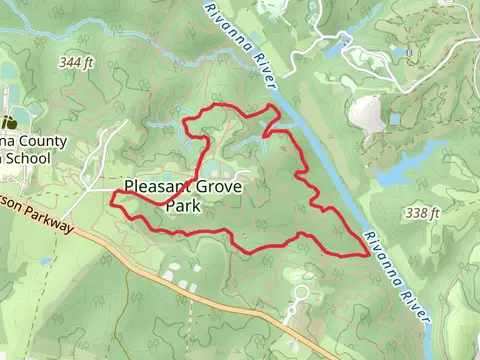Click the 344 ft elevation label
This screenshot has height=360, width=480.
[x=78, y=62]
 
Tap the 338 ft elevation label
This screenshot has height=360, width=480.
[x=424, y=213]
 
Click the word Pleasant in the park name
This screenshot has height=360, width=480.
[x=161, y=185]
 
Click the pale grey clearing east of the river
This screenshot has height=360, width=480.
[x=366, y=115]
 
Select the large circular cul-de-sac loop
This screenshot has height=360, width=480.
[x=300, y=293]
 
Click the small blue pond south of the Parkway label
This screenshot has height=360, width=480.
[x=46, y=263]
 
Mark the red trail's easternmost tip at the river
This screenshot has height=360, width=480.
[x=370, y=255]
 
